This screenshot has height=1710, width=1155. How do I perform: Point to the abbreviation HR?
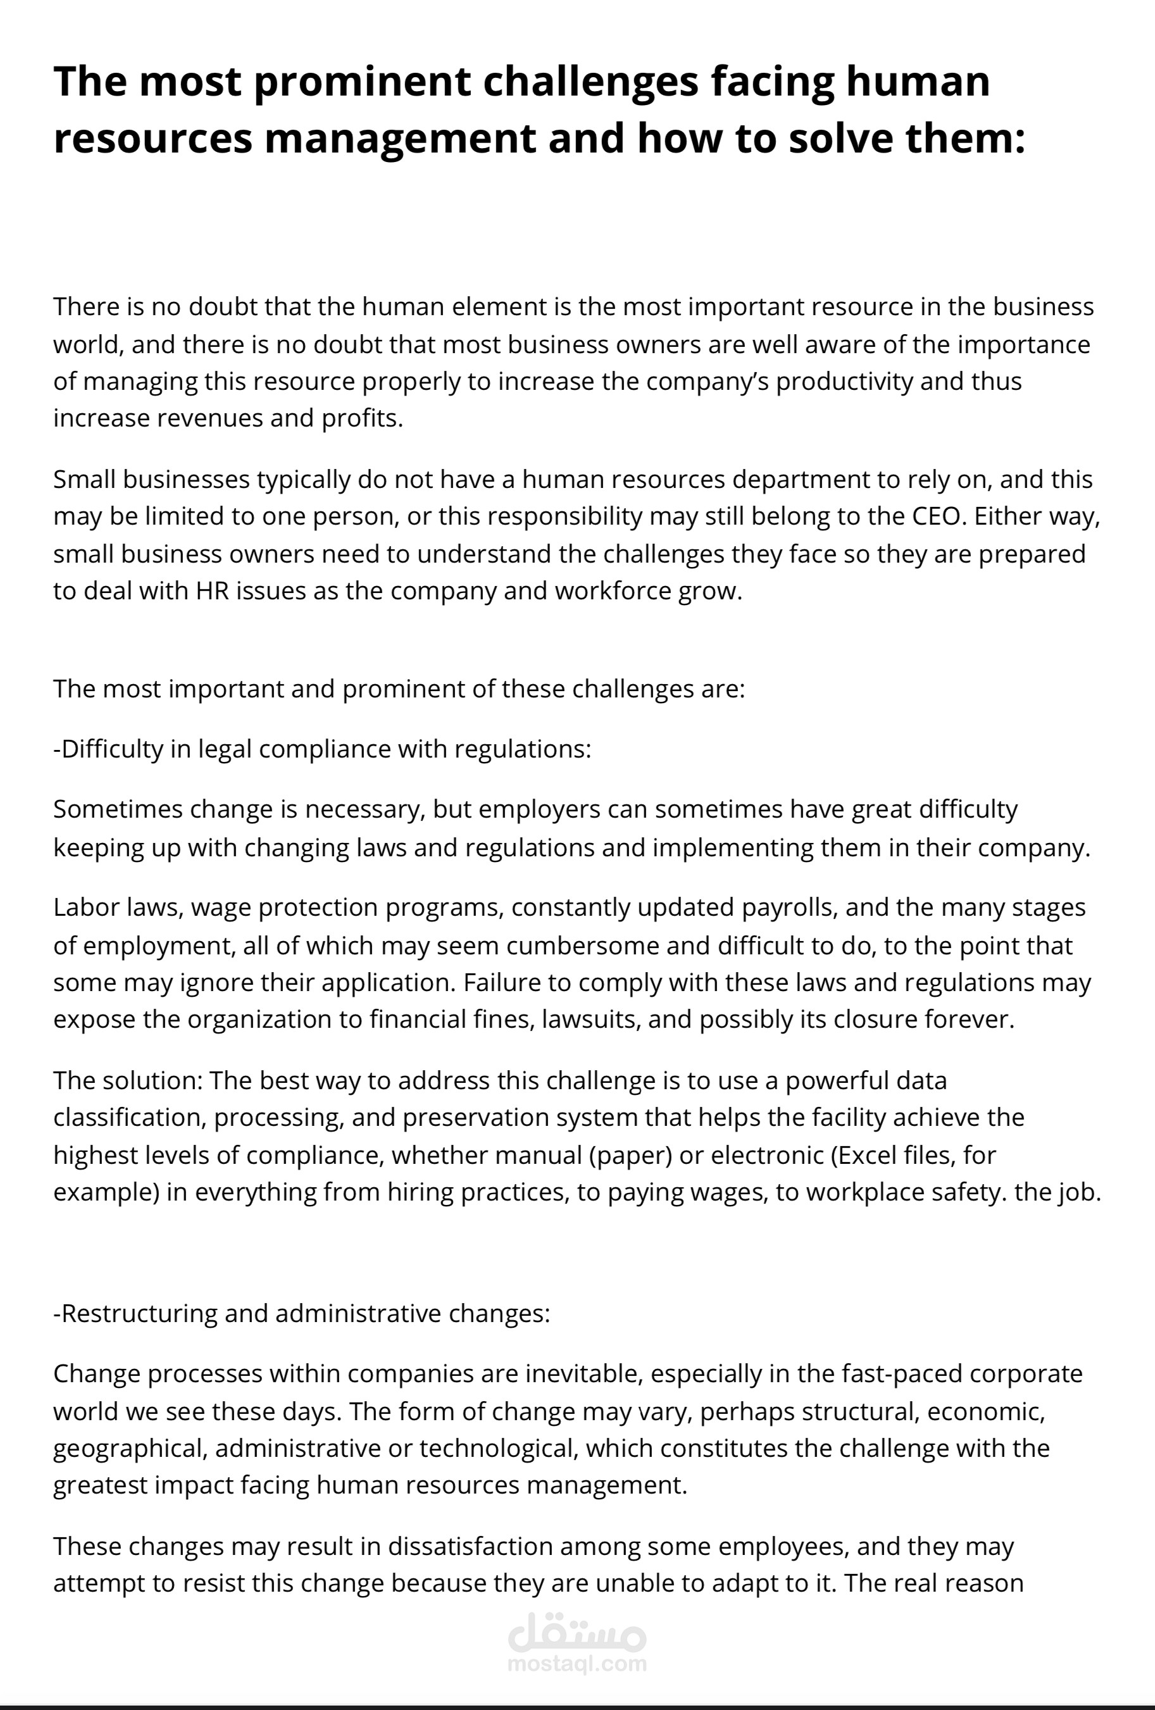(213, 591)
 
